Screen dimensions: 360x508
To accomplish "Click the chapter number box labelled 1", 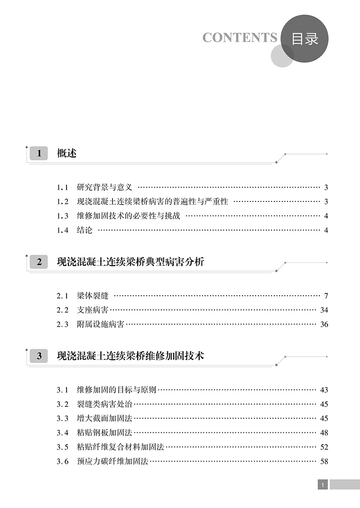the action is pos(39,154).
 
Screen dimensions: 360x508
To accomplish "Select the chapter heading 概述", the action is pos(67,154).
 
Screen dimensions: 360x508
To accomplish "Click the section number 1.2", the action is pos(62,202).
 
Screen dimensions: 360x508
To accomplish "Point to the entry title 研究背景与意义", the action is pos(105,187).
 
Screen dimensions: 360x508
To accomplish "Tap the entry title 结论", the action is pos(85,231).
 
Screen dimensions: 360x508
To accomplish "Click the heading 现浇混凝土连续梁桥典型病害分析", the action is pos(130,262).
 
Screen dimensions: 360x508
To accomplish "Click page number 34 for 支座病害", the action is pos(324,310).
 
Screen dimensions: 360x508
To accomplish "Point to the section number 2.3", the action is pos(62,325).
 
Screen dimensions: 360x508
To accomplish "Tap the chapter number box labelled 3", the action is pos(39,356).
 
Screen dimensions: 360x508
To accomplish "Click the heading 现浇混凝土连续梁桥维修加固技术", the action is pos(130,356).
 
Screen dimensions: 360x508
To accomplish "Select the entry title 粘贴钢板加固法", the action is pos(105,433).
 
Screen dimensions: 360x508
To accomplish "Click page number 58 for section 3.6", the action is pos(324,462).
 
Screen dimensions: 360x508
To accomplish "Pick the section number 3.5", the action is pos(62,447).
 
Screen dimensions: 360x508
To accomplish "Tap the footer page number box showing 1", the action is pos(323,485).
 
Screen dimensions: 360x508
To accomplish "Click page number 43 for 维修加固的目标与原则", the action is pos(324,390).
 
